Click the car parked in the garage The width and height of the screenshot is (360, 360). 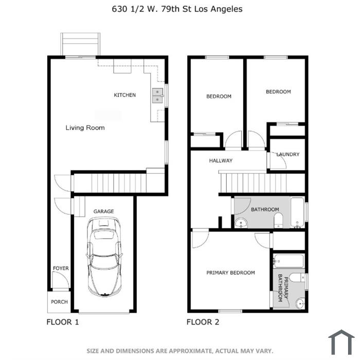click(x=104, y=257)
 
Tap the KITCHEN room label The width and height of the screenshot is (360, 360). click(x=124, y=95)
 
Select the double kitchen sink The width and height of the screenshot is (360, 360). click(x=158, y=96)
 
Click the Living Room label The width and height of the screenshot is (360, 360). click(x=85, y=128)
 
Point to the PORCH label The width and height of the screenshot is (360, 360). click(x=59, y=302)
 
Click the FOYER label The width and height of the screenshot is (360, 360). click(x=61, y=268)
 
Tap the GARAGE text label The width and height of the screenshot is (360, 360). click(x=103, y=211)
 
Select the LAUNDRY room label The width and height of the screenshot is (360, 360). click(x=288, y=154)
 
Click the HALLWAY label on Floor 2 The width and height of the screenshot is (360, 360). click(x=221, y=160)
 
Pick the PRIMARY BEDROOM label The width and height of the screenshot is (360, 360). click(x=230, y=273)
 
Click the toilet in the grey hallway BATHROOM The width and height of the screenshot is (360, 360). click(x=279, y=221)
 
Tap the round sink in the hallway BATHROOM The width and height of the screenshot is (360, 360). click(x=241, y=223)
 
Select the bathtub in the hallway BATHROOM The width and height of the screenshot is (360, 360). click(x=297, y=212)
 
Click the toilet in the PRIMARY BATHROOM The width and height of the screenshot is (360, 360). click(x=297, y=277)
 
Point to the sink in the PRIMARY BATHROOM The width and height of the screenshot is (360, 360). click(x=300, y=304)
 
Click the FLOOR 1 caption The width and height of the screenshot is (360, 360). click(x=63, y=322)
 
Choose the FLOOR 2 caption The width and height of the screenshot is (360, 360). click(x=203, y=322)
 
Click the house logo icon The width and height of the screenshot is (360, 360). click(x=341, y=342)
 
